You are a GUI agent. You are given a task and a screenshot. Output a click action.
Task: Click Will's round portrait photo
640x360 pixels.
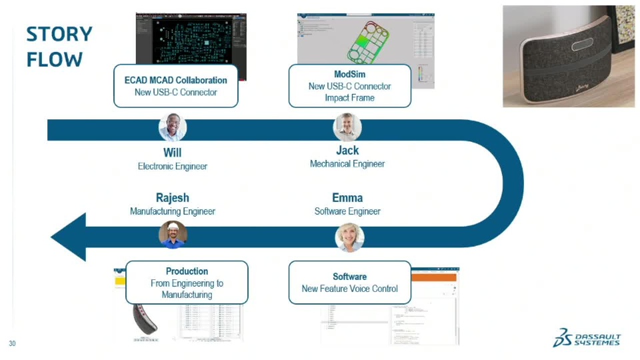(173, 127)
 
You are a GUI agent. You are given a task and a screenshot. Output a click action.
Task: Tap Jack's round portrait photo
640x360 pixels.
(347, 127)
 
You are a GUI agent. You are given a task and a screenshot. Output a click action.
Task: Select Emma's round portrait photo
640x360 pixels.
(349, 237)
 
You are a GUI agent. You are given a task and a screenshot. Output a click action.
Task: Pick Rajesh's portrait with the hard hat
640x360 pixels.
(173, 235)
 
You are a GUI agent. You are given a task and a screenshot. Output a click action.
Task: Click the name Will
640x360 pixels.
(172, 153)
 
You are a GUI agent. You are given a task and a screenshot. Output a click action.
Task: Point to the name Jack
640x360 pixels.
(347, 151)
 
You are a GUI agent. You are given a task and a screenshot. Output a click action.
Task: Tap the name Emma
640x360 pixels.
(347, 198)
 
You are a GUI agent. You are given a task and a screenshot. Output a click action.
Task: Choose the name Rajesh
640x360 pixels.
(172, 198)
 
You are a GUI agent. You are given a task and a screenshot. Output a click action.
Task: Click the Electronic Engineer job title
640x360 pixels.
(172, 167)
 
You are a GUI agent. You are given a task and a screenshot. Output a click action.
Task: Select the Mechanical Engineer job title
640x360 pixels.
(347, 164)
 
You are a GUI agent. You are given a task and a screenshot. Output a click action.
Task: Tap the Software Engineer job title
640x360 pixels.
(347, 211)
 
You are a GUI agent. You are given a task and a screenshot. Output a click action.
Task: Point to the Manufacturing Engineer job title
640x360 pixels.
(172, 211)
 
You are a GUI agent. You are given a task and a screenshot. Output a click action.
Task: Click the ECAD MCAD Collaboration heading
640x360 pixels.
(175, 80)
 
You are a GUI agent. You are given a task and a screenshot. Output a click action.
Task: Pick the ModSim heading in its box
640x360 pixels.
(349, 74)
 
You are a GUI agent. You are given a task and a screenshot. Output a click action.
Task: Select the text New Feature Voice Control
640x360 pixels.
(349, 289)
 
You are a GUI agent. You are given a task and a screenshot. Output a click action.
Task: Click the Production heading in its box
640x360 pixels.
(187, 271)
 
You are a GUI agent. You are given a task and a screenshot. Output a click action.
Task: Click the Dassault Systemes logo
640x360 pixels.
(586, 338)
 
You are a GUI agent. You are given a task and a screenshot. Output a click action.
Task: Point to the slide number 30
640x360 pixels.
(12, 344)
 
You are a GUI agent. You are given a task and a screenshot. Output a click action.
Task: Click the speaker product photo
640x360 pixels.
(568, 56)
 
